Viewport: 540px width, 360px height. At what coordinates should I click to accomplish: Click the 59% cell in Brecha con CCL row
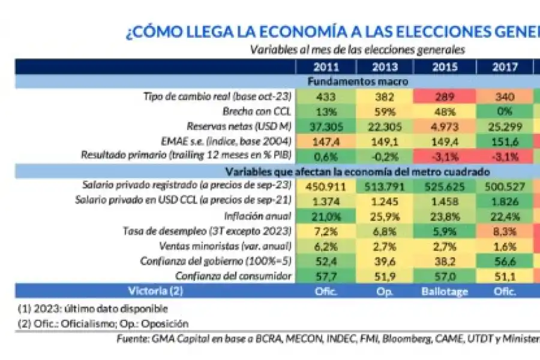click(x=385, y=112)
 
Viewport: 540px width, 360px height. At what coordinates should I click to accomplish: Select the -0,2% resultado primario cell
click(x=385, y=157)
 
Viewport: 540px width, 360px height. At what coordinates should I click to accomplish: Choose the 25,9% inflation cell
click(x=385, y=217)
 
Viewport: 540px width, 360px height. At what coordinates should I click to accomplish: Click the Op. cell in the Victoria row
click(x=385, y=292)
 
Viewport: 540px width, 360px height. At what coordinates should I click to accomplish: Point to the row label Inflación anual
click(x=260, y=217)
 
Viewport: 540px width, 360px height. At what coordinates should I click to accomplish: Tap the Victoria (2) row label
click(x=155, y=292)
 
